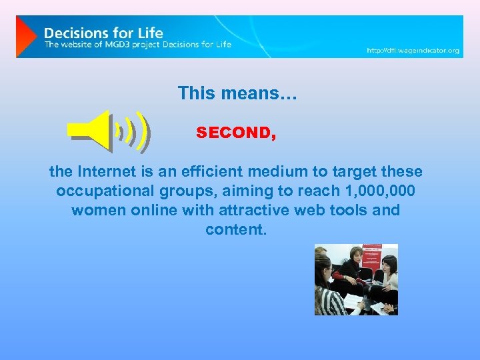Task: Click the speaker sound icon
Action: point(110,129)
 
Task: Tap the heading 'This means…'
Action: point(237,93)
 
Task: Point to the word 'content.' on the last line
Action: point(236,229)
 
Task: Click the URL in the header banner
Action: point(413,51)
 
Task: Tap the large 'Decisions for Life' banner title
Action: point(103,33)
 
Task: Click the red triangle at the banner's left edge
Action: point(25,37)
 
